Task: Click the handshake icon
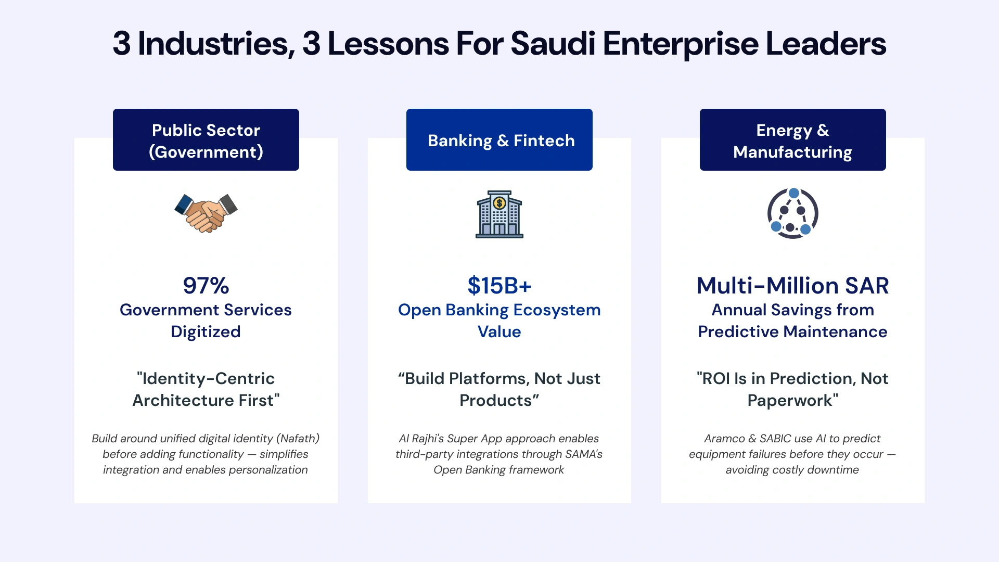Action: (206, 213)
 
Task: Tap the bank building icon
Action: (499, 214)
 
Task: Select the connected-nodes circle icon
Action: (792, 213)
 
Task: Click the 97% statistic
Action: (206, 286)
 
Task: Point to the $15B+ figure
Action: (499, 286)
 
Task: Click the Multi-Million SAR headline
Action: (792, 286)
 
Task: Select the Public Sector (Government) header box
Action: (206, 139)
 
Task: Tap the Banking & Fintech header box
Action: (499, 139)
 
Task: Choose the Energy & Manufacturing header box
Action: (792, 139)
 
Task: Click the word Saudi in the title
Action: (553, 44)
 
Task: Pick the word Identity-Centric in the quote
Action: (208, 378)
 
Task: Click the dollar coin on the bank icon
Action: (499, 203)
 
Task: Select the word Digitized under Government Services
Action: (206, 332)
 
